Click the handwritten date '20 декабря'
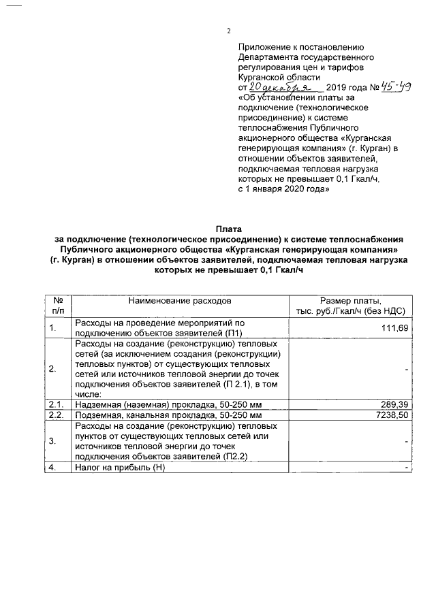pyautogui.click(x=280, y=88)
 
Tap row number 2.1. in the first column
pyautogui.click(x=55, y=404)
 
